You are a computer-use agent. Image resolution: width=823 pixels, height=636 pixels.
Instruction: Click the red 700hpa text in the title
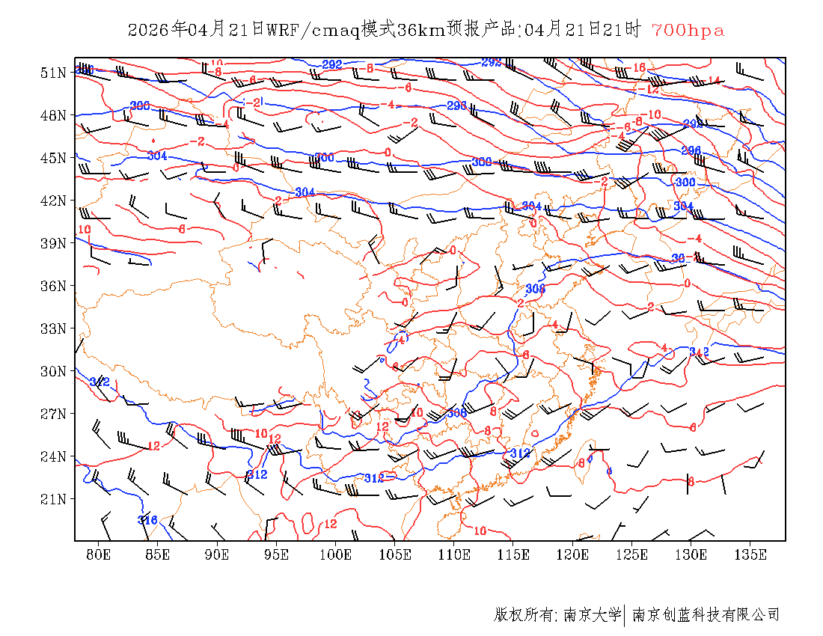688,31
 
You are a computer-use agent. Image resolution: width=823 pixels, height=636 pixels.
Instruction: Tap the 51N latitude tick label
53,73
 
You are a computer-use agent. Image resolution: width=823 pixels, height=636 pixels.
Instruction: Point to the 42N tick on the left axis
53,201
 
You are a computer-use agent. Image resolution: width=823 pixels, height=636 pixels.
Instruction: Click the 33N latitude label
53,328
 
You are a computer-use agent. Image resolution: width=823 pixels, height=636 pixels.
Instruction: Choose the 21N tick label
53,499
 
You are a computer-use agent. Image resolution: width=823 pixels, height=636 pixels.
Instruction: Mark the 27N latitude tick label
53,414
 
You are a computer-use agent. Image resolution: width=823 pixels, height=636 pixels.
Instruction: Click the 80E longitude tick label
99,554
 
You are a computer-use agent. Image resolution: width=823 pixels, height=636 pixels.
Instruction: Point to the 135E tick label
750,554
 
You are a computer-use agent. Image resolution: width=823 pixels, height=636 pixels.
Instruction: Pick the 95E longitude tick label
277,554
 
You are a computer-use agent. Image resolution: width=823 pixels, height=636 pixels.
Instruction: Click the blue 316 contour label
147,520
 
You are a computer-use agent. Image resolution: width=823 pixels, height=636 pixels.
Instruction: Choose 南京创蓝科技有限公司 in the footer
706,615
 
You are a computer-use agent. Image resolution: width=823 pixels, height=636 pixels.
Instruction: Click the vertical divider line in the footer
625,615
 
